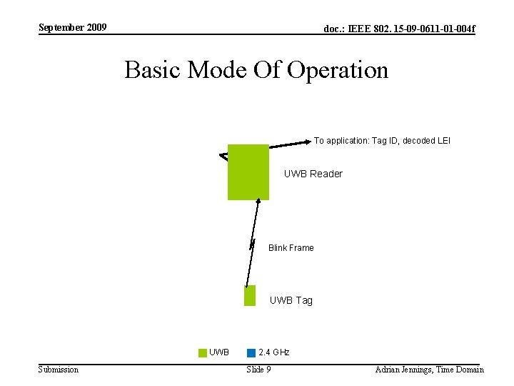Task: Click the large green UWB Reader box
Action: pyautogui.click(x=248, y=172)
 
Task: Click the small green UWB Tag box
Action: pyautogui.click(x=249, y=295)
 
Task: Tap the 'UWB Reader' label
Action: pyautogui.click(x=313, y=174)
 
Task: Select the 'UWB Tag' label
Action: pyautogui.click(x=291, y=300)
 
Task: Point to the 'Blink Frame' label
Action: pyautogui.click(x=291, y=248)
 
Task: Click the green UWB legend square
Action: pyautogui.click(x=203, y=352)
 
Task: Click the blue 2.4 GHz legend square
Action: pyautogui.click(x=251, y=352)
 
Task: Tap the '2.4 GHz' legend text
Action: pyautogui.click(x=273, y=352)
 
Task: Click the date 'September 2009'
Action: pyautogui.click(x=73, y=28)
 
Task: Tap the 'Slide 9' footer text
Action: pyautogui.click(x=258, y=370)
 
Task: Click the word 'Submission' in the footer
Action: pyautogui.click(x=59, y=370)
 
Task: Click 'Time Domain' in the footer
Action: pyautogui.click(x=460, y=370)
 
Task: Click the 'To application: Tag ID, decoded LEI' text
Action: pyautogui.click(x=382, y=141)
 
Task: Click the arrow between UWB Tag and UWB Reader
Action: pyautogui.click(x=252, y=243)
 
